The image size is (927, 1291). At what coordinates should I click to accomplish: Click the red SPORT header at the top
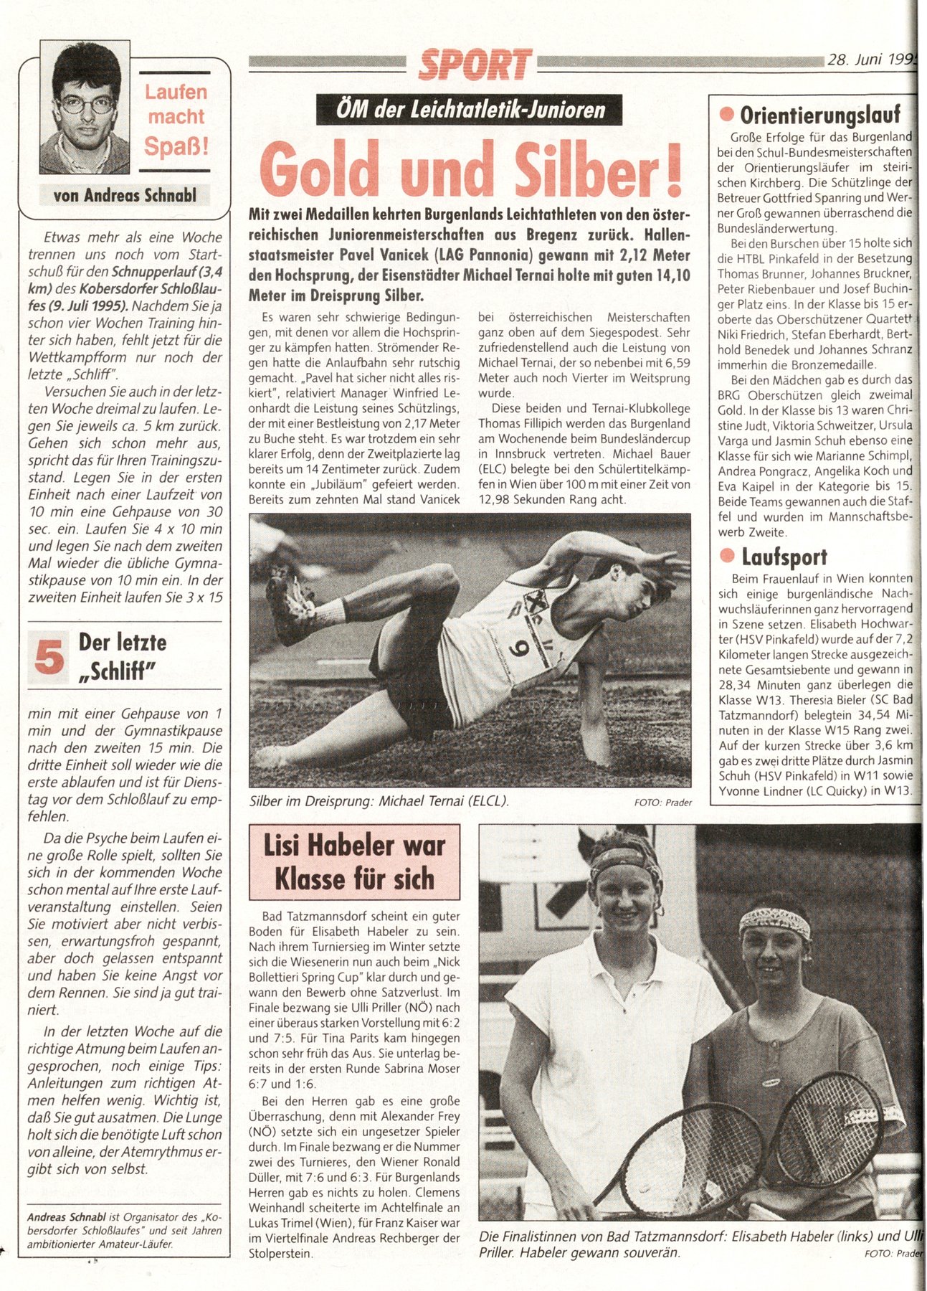[475, 65]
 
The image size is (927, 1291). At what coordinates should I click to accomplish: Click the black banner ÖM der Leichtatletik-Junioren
[469, 110]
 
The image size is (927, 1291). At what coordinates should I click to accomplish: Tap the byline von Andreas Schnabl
[125, 195]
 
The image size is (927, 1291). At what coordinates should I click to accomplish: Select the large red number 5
[49, 657]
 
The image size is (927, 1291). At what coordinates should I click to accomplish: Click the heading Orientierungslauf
[819, 115]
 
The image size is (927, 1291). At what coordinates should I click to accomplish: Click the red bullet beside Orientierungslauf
[727, 115]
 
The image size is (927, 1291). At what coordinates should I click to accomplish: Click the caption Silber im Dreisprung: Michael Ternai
[379, 801]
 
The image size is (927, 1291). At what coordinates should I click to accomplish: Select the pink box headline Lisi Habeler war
[354, 846]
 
